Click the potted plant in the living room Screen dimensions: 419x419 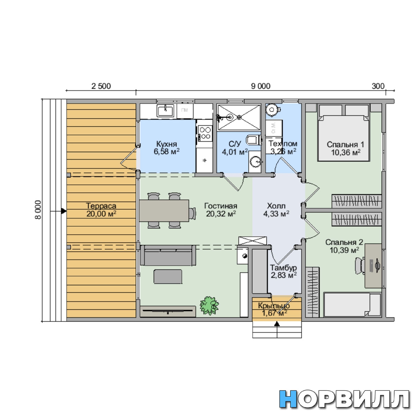209,305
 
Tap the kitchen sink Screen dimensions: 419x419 166,111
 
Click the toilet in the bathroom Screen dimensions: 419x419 254,140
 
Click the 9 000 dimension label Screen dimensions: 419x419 261,86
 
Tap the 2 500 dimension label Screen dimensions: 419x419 101,86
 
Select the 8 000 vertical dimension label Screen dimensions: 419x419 38,210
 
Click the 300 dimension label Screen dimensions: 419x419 378,86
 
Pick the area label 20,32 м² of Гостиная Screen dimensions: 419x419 221,214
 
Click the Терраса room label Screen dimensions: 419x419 101,206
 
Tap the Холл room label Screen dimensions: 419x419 276,206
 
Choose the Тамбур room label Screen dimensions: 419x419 283,268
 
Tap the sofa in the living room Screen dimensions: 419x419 168,255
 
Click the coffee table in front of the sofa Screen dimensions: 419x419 168,276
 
